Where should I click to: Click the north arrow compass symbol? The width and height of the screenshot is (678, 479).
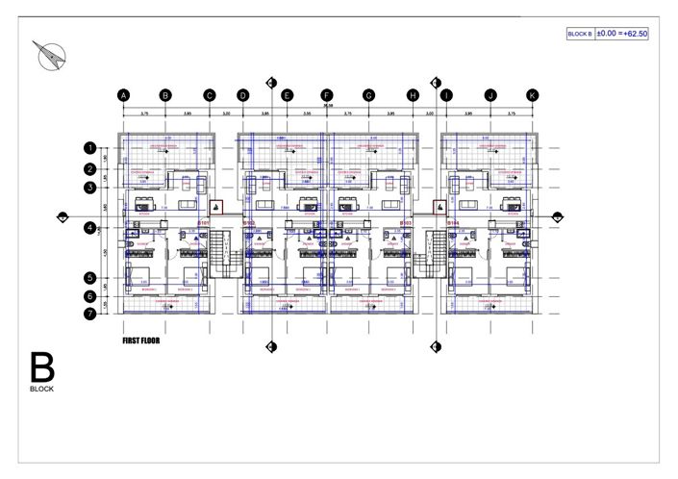[50, 58]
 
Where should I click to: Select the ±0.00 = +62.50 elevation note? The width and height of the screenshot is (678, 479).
[622, 34]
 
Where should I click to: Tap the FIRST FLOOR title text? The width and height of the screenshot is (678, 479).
[141, 340]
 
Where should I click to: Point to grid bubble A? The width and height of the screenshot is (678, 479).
[123, 95]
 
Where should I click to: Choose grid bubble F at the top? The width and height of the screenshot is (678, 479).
[327, 95]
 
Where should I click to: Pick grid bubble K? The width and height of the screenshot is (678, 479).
[533, 95]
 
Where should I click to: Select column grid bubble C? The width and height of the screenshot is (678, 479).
[209, 95]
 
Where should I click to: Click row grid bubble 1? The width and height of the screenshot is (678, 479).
[89, 149]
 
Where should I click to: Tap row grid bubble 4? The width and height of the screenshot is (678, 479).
[89, 228]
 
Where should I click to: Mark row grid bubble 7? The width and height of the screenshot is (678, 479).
[89, 313]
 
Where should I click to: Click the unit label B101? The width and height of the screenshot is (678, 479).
[203, 223]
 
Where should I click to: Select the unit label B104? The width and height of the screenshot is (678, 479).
[453, 223]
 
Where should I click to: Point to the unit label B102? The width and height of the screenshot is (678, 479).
[248, 223]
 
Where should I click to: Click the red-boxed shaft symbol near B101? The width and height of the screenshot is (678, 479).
[216, 207]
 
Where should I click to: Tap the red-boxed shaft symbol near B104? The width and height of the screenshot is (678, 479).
[439, 207]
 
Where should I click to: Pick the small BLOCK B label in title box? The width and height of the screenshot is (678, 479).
[580, 34]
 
